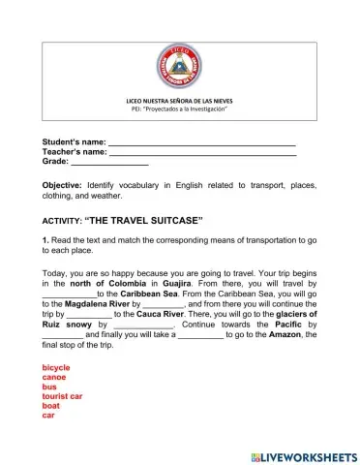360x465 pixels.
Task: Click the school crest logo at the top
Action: pos(179,68)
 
